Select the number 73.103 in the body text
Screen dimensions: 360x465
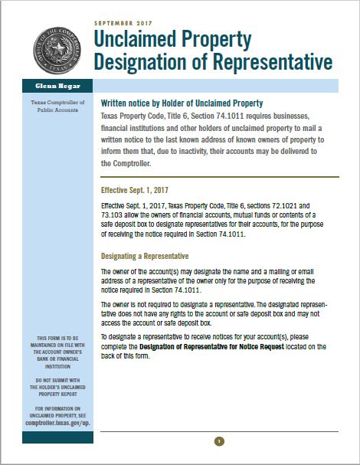point(114,215)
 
